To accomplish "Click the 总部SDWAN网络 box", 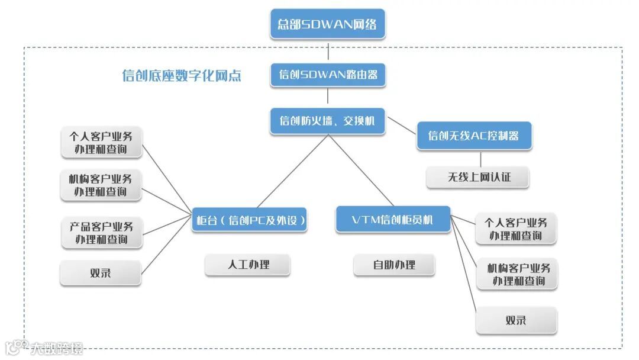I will pyautogui.click(x=328, y=24).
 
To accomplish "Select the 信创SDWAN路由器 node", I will pyautogui.click(x=328, y=75).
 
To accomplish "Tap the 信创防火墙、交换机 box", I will pyautogui.click(x=328, y=121).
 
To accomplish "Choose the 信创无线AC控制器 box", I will pyautogui.click(x=474, y=136).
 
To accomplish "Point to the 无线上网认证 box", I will pyautogui.click(x=477, y=177).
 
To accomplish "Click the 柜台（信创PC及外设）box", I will pyautogui.click(x=251, y=220).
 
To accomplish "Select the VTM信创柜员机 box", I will pyautogui.click(x=393, y=220).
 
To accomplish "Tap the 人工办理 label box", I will pyautogui.click(x=247, y=265).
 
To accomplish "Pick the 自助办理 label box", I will pyautogui.click(x=394, y=265).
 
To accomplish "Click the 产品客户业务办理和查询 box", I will pyautogui.click(x=101, y=233).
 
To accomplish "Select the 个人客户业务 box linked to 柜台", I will pyautogui.click(x=102, y=143).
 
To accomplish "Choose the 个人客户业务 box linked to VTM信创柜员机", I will pyautogui.click(x=516, y=229).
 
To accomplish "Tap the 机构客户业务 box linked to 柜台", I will pyautogui.click(x=101, y=185).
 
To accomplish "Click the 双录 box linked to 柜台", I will pyautogui.click(x=101, y=273).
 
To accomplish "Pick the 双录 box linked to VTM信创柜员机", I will pyautogui.click(x=516, y=320).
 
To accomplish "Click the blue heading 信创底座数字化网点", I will pyautogui.click(x=182, y=76).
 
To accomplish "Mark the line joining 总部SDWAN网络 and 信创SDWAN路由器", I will pyautogui.click(x=328, y=50).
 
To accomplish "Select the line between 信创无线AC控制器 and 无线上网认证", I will pyautogui.click(x=480, y=159).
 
